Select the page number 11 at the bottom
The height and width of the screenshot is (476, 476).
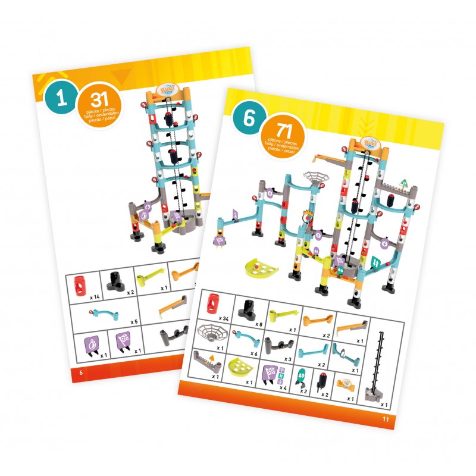385,419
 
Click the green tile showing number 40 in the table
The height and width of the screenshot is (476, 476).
302,376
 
